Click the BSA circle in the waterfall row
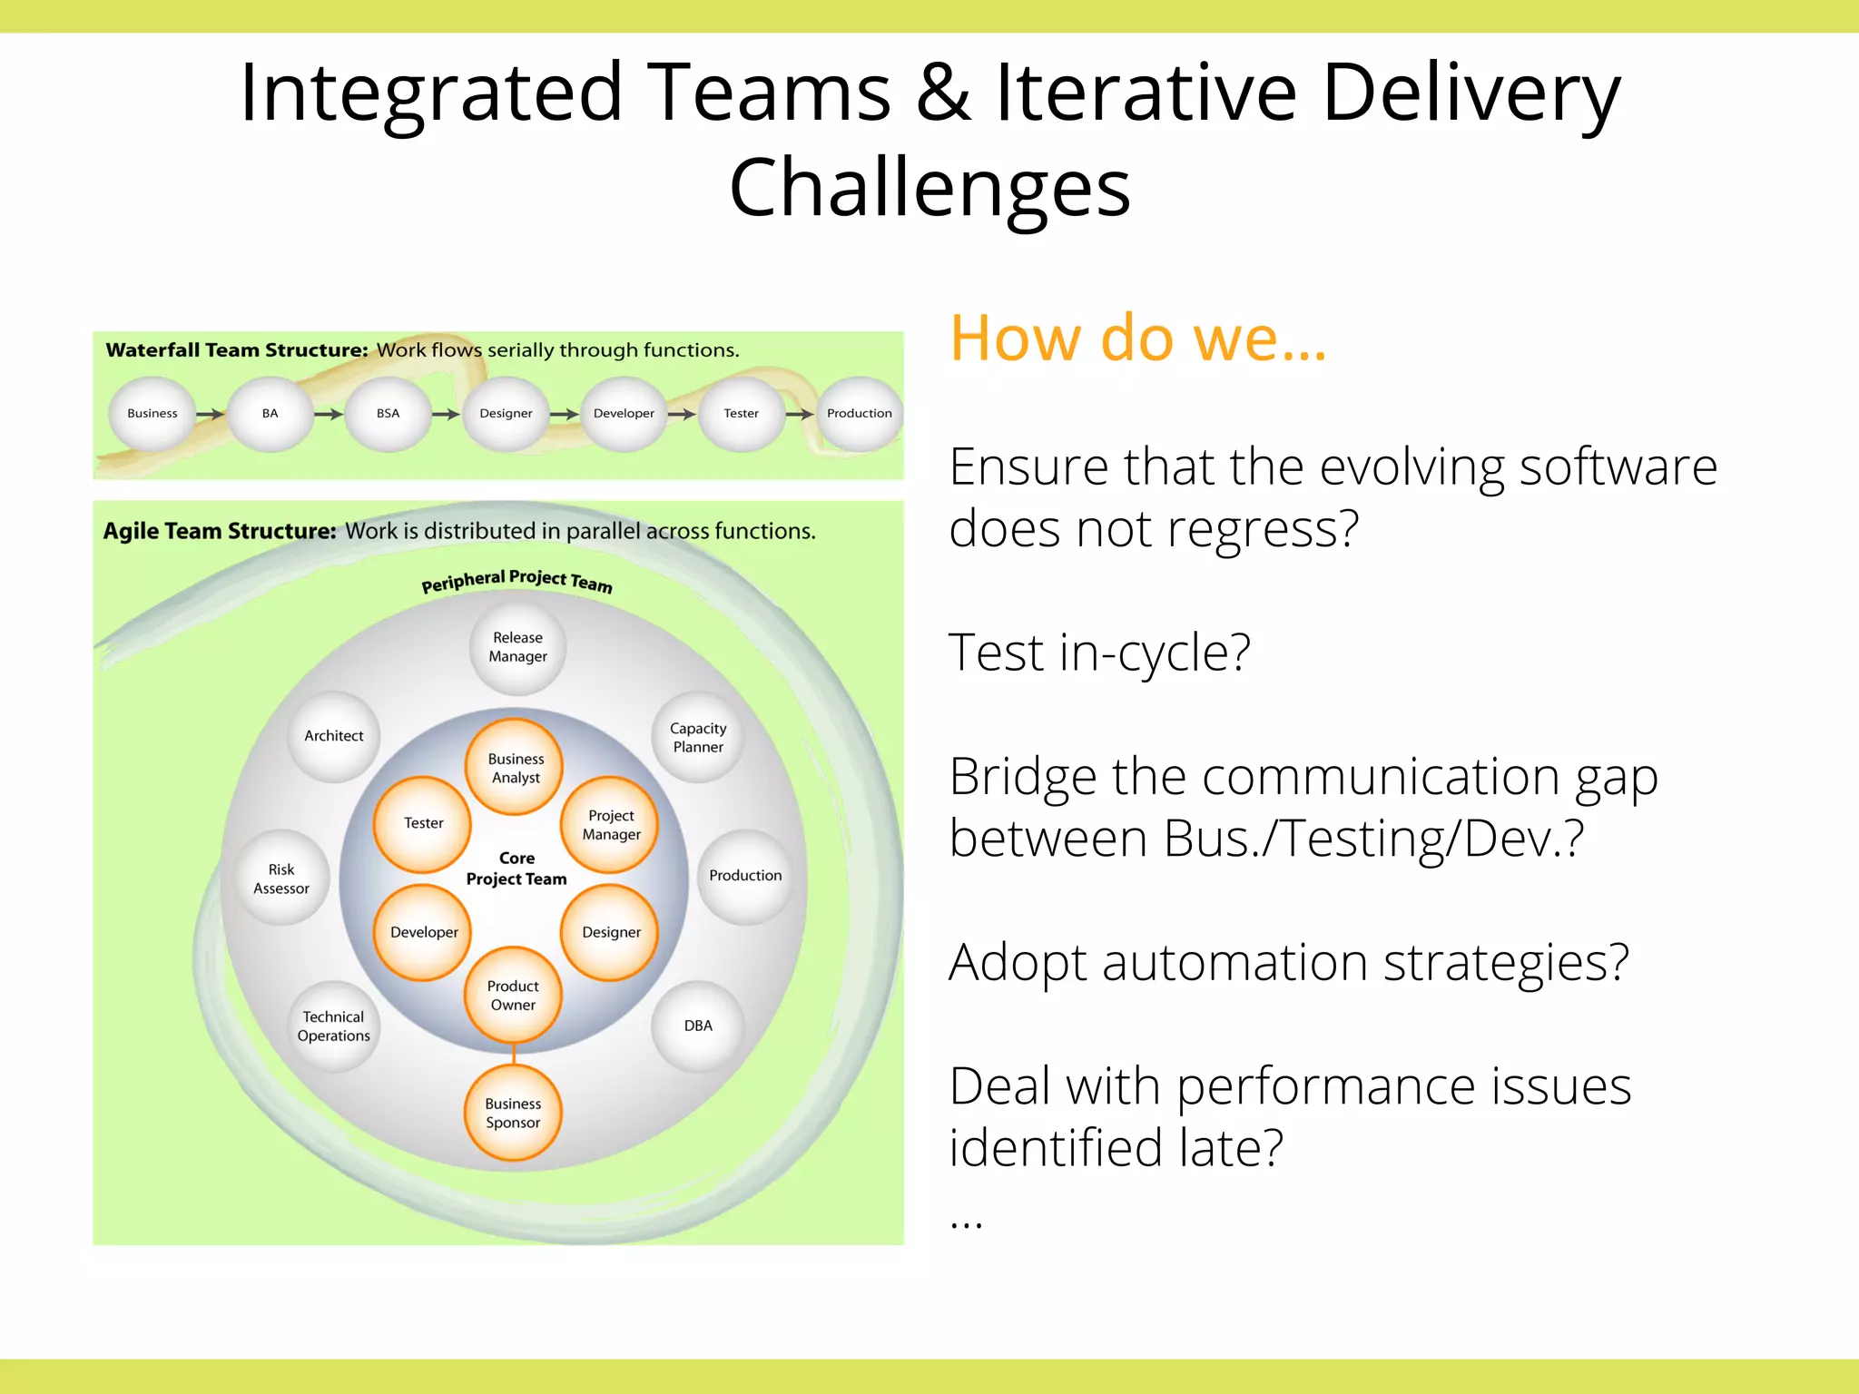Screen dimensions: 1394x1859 (388, 414)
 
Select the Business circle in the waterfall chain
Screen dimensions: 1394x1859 (152, 414)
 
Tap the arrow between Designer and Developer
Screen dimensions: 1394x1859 (565, 414)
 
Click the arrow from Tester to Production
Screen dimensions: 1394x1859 (800, 414)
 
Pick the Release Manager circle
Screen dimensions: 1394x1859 (517, 647)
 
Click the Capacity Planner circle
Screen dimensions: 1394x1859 (698, 737)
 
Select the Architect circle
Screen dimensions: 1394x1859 (334, 736)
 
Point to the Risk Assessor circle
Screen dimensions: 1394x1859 (281, 879)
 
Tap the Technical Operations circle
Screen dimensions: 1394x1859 (334, 1026)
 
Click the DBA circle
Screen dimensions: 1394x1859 (698, 1026)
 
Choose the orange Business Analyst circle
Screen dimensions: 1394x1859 (515, 768)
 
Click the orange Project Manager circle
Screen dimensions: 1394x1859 (611, 825)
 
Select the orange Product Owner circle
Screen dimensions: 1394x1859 (513, 996)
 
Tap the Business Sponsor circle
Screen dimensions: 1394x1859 (513, 1113)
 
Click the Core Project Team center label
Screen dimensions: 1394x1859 (516, 869)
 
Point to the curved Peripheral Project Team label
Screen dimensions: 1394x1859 (516, 581)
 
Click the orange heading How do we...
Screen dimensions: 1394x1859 (1137, 338)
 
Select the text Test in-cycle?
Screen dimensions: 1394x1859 (1098, 653)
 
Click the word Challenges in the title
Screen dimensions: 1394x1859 (929, 188)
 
